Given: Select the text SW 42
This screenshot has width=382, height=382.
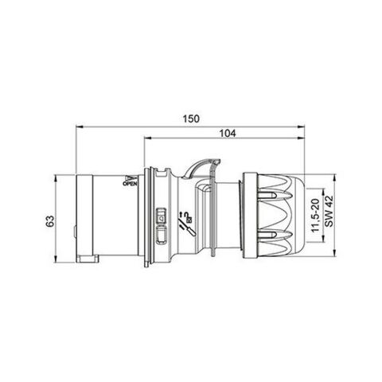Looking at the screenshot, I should (326, 214).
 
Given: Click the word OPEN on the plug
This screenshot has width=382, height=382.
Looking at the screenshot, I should (131, 183).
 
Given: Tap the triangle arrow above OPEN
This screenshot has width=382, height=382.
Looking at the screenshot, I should (131, 176).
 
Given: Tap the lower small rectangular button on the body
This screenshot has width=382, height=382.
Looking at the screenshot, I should (162, 234).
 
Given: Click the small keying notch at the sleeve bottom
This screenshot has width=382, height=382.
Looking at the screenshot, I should (85, 259).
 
